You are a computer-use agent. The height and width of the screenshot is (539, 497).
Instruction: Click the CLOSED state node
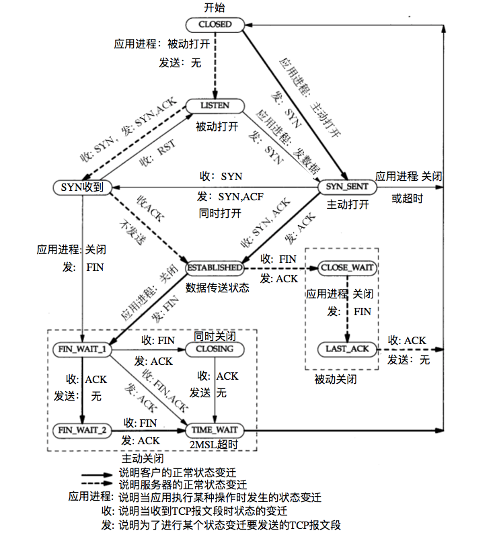point(215,25)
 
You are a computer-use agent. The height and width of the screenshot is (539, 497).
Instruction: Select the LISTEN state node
point(215,106)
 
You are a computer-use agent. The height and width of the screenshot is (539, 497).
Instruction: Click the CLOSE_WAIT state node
point(347,267)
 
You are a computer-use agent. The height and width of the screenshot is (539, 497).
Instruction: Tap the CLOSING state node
point(215,349)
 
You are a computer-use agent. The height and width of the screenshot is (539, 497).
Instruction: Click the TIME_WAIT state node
point(215,429)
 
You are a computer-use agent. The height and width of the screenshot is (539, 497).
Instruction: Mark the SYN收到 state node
point(81,187)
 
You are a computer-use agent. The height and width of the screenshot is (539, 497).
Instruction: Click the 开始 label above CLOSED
point(215,8)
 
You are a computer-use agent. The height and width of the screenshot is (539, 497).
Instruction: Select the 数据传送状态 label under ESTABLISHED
point(217,288)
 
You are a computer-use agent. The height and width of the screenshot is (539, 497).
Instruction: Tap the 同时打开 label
point(219,213)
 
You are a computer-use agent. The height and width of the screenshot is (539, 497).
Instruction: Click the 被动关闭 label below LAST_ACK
point(335,379)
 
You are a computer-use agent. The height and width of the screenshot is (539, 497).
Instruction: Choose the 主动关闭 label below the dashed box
point(143,458)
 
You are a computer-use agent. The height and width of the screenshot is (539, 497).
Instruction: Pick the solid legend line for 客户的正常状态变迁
point(98,474)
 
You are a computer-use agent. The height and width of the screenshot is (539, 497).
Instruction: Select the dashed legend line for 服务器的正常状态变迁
point(98,484)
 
